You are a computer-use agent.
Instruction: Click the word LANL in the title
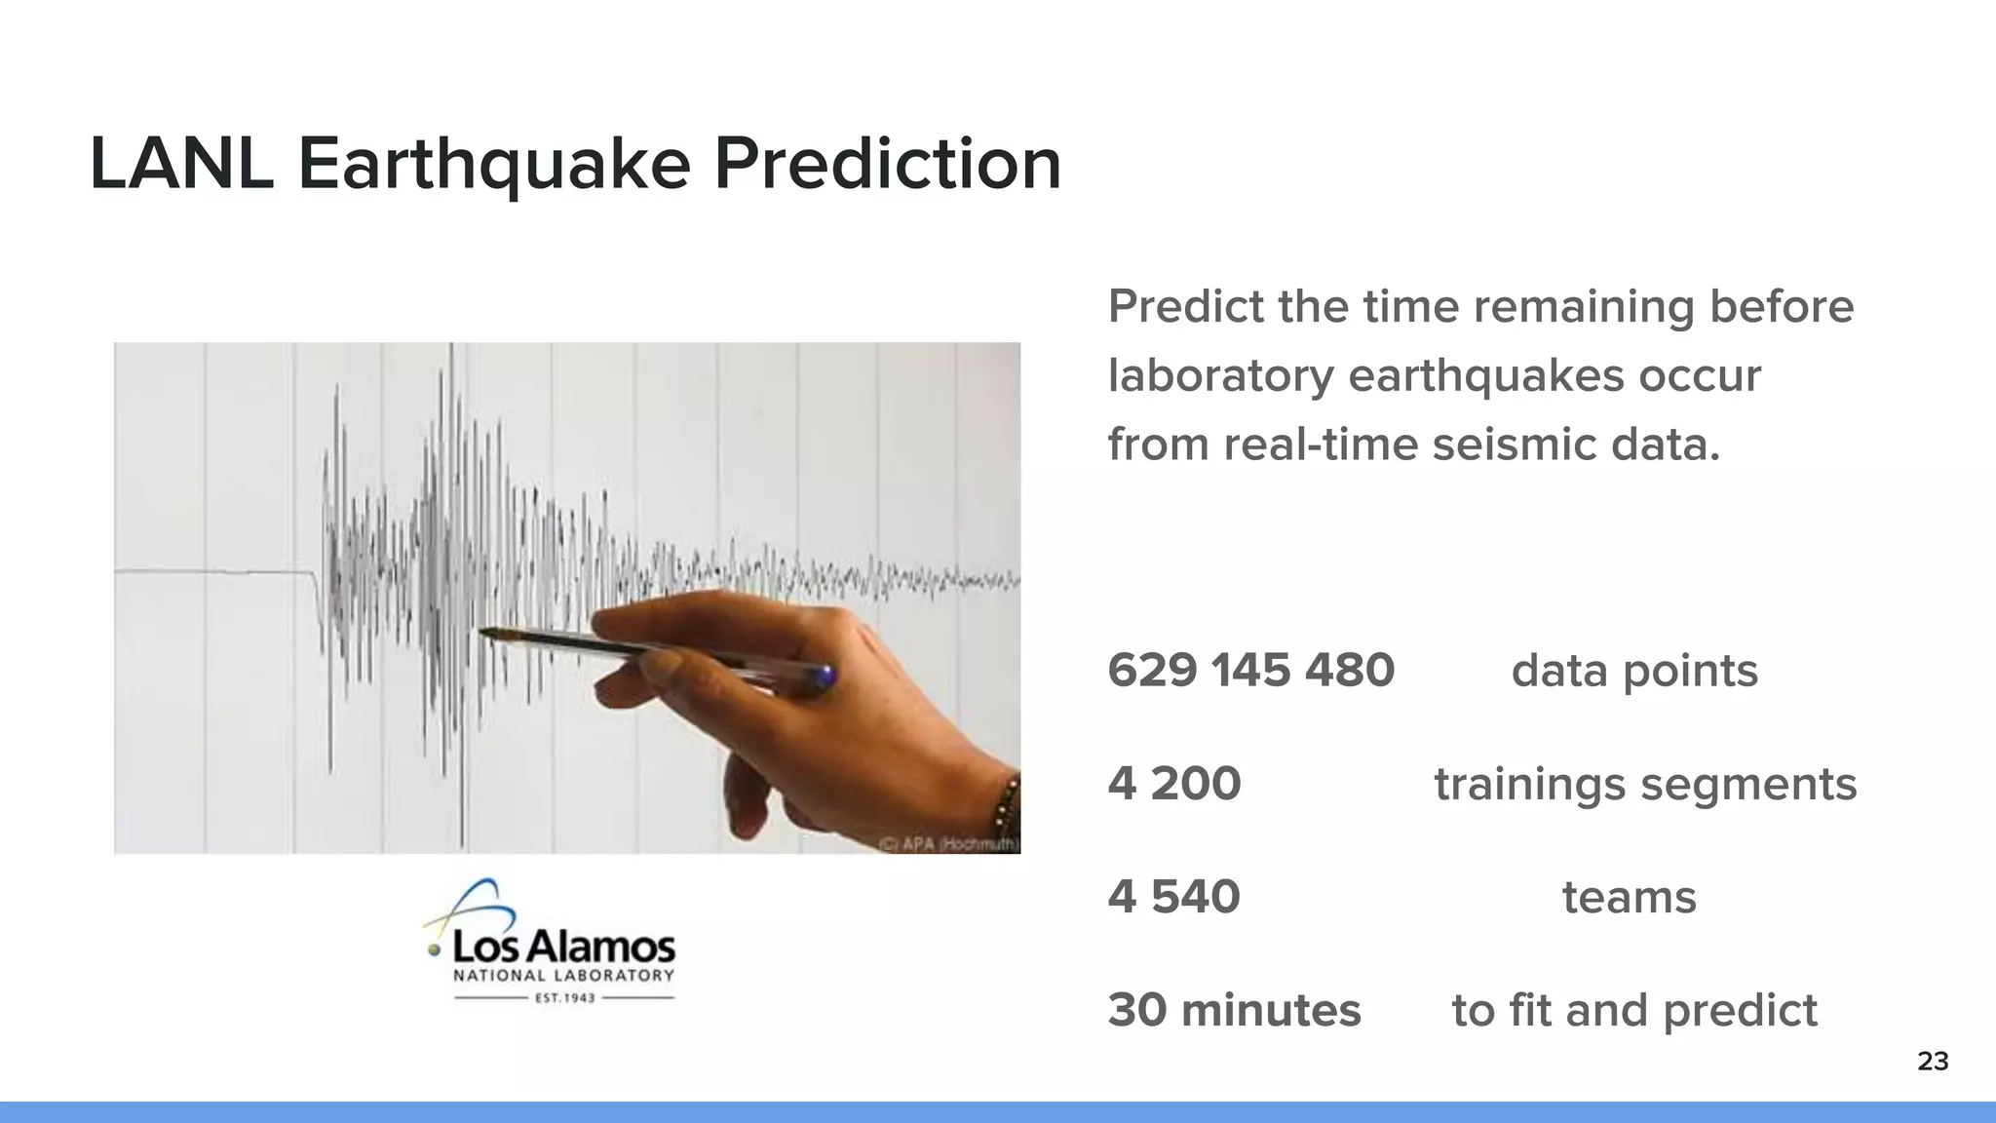coord(180,164)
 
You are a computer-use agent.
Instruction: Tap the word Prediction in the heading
coord(887,164)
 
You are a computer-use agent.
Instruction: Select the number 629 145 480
coord(1250,671)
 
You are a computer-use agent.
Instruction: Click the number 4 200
coord(1173,784)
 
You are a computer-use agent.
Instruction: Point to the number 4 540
coord(1173,897)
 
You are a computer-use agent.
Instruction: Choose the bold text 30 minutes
coord(1234,1010)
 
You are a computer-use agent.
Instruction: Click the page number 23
coord(1933,1062)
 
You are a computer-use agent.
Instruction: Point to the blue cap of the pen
coord(825,676)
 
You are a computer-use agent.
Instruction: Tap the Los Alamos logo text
coord(563,946)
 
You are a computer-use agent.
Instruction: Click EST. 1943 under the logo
coord(565,998)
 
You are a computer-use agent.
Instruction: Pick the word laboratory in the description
coord(1221,376)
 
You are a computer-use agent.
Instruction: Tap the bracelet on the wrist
coord(1007,809)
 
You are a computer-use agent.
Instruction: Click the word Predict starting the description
coord(1185,307)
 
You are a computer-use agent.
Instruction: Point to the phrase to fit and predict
coord(1634,1011)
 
